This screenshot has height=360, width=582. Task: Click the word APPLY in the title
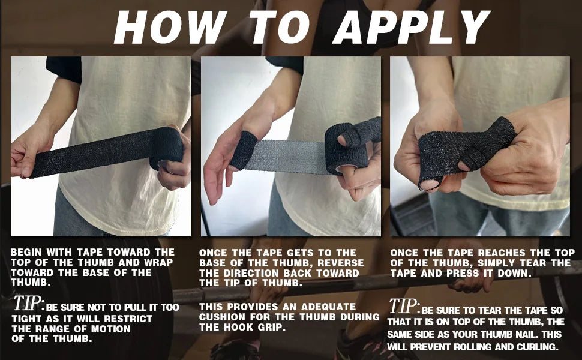pos(411,27)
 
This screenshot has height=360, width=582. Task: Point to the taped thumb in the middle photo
pos(243,150)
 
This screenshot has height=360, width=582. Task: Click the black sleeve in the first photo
pos(64,69)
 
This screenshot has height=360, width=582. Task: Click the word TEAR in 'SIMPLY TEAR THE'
pos(533,263)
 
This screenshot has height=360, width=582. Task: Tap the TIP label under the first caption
pos(29,303)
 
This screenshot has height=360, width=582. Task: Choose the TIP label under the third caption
pos(404,306)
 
